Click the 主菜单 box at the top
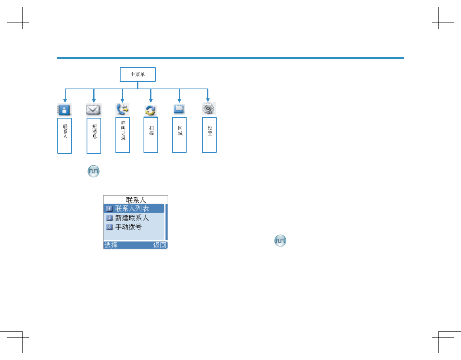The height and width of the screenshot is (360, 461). [x=138, y=74]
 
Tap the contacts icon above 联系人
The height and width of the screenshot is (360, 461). [x=64, y=109]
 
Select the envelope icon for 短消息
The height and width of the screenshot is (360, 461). [x=94, y=109]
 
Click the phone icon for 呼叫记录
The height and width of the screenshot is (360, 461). [x=122, y=109]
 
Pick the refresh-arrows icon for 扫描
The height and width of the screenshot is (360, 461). [x=151, y=110]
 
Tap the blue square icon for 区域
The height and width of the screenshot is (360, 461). [x=179, y=109]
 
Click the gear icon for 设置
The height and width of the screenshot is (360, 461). [x=208, y=109]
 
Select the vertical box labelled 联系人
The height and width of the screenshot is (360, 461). [x=65, y=135]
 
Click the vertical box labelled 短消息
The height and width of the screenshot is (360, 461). [x=94, y=136]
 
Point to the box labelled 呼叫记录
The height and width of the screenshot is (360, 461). [x=123, y=135]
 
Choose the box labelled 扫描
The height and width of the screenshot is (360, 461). [x=151, y=135]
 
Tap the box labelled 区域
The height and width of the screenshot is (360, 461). [x=179, y=135]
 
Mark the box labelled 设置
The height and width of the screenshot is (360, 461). [x=209, y=135]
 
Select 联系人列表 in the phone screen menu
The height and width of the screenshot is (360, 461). [x=134, y=209]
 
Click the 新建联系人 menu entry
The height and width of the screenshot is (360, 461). [x=132, y=218]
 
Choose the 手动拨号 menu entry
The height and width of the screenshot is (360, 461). [x=128, y=227]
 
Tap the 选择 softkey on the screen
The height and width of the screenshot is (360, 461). [x=111, y=245]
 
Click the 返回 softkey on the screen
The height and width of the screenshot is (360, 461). [x=160, y=245]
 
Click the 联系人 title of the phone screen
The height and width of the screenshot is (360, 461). [x=136, y=200]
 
